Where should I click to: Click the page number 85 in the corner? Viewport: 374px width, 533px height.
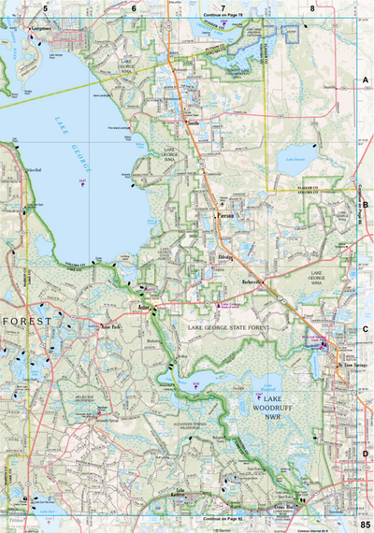coord(364,524)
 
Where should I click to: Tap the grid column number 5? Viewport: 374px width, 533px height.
coord(45,7)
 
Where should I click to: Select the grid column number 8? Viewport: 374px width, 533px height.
coord(312,7)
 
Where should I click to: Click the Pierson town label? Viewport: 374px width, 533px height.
coord(224,215)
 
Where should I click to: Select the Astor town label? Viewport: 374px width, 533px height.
coord(143,305)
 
